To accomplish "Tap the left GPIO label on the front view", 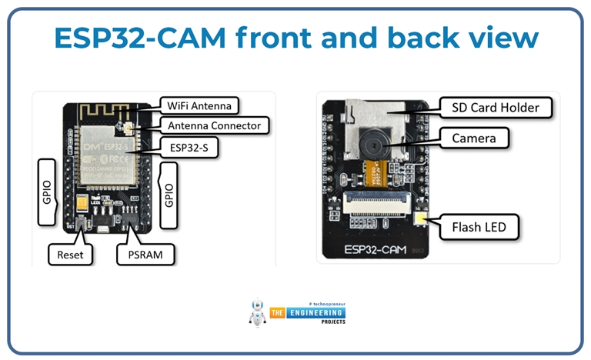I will [x=48, y=192].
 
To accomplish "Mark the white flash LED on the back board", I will [x=422, y=222].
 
